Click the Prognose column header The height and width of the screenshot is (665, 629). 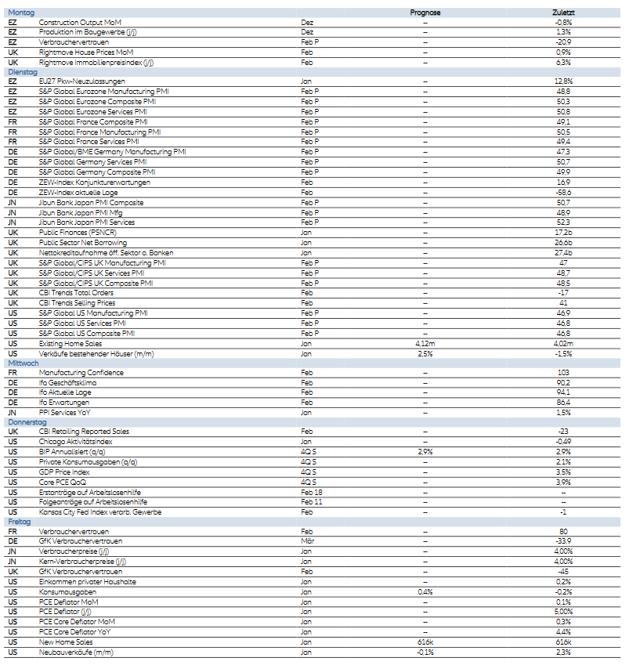pos(425,13)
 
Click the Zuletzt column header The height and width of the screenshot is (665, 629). pos(563,13)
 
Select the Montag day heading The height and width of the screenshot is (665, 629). pos(20,13)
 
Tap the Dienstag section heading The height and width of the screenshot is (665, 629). pos(22,71)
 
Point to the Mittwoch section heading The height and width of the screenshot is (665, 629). pos(23,363)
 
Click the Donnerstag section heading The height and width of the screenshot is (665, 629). pos(27,422)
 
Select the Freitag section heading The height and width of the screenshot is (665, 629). pos(20,522)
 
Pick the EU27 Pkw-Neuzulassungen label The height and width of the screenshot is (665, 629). pos(81,81)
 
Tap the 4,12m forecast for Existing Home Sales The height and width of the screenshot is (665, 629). pos(425,344)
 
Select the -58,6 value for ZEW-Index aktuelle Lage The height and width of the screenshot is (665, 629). pos(562,191)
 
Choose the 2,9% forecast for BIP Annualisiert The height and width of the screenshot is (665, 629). pos(425,452)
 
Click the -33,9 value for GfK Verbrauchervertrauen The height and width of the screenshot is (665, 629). pos(562,541)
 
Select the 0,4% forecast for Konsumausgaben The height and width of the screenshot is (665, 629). pos(425,591)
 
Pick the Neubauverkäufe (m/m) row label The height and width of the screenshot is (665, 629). pos(75,652)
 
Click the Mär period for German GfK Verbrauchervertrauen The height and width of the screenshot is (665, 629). pos(307,541)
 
